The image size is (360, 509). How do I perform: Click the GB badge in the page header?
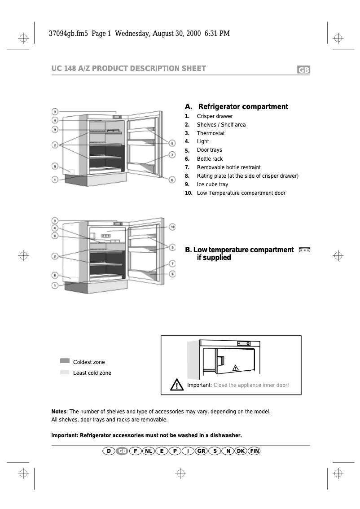[303, 70]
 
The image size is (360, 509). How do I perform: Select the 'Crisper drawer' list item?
[215, 116]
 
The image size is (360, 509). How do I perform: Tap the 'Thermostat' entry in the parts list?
[211, 133]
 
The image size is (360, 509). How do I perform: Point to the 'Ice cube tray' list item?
[212, 184]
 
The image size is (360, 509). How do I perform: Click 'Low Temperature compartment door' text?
[241, 193]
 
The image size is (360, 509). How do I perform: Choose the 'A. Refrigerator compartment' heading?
[237, 107]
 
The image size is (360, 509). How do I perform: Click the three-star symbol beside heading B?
[304, 250]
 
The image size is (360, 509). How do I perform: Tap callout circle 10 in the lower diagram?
[172, 227]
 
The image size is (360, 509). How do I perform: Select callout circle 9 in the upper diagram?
[54, 130]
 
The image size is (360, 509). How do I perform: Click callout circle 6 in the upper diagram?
[172, 180]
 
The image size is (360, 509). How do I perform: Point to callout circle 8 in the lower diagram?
[54, 275]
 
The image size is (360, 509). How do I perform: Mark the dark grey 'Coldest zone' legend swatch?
[65, 361]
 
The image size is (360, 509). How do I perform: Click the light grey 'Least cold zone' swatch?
[65, 372]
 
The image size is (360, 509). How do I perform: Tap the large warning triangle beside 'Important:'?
[177, 385]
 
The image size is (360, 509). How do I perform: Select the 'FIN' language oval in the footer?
[254, 451]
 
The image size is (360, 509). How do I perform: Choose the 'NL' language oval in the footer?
[149, 451]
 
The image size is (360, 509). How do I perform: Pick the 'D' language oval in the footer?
[108, 451]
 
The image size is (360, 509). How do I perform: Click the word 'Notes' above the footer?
[59, 411]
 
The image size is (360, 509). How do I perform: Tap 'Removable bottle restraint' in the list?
[228, 167]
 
